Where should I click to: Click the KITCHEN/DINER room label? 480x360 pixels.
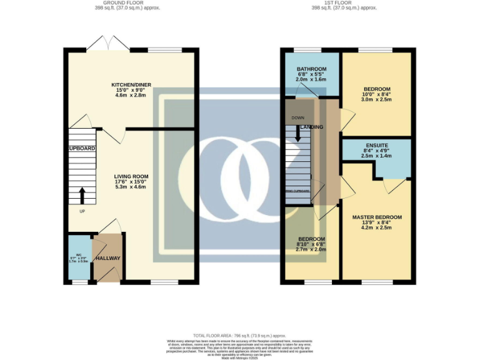[x=131, y=84]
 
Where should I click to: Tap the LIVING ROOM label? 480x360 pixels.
[x=131, y=176]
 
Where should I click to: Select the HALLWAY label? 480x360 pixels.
[x=107, y=258]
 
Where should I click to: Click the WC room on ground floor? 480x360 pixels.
[x=79, y=257]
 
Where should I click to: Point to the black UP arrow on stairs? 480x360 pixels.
[x=82, y=195]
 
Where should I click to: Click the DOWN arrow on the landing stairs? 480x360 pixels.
[x=297, y=134]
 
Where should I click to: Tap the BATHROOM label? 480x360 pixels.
[x=311, y=69]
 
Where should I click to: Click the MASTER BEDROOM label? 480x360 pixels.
[x=376, y=217]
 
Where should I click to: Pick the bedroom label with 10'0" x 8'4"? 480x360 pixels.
[x=377, y=89]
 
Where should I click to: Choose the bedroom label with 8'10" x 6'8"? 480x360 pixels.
[x=311, y=239]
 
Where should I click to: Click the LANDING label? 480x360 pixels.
[x=312, y=127]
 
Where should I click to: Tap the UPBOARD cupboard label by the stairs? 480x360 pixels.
[x=82, y=148]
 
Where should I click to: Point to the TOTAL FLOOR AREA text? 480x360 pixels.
[x=239, y=336]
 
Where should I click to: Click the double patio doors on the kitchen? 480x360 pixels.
[x=108, y=43]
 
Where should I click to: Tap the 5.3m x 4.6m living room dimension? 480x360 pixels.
[x=131, y=187]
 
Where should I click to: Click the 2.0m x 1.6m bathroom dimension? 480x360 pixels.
[x=311, y=80]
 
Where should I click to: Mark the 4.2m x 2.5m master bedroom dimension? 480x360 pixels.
[x=376, y=227]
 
